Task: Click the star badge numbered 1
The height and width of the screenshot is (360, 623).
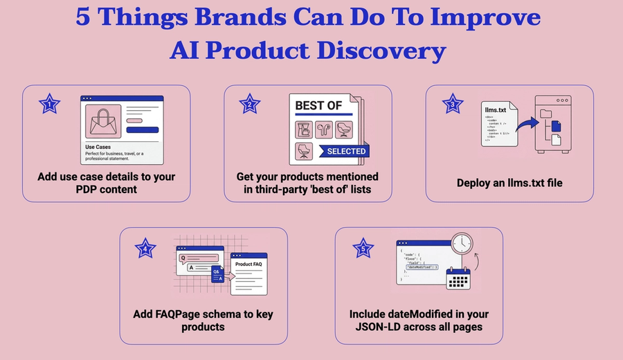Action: click(49, 105)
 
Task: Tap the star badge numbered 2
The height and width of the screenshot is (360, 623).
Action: click(250, 105)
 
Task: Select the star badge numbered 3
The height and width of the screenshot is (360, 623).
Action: click(453, 105)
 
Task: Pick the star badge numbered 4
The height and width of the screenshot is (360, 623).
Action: click(145, 247)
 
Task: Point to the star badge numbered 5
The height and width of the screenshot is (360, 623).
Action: click(363, 247)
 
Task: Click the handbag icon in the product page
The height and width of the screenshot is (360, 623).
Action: click(102, 121)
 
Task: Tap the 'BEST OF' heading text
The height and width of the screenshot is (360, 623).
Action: click(319, 106)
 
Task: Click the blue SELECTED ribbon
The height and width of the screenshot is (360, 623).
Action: click(345, 151)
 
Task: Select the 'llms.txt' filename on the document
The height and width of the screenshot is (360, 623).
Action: click(498, 109)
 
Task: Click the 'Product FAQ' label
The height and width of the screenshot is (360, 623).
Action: click(248, 264)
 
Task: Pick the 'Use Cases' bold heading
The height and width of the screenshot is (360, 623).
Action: click(98, 147)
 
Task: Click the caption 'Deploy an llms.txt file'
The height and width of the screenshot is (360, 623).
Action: click(509, 183)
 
